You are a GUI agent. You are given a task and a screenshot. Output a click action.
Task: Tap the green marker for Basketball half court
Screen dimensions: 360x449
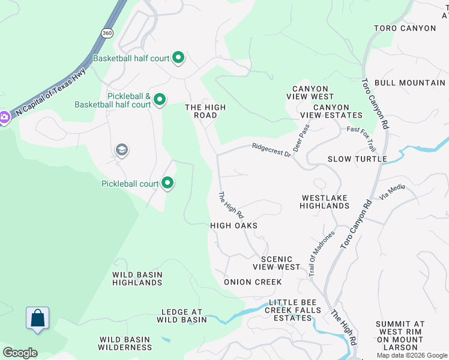178,58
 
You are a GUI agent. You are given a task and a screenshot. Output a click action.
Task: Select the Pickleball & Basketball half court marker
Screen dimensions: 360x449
160,99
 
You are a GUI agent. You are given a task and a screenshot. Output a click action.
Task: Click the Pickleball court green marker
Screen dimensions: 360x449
167,183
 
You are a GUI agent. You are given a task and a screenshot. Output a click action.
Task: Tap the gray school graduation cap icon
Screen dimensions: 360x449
121,149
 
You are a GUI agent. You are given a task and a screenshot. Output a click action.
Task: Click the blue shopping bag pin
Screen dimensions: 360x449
37,318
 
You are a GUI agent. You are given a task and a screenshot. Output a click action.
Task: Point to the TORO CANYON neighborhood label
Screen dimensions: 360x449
405,28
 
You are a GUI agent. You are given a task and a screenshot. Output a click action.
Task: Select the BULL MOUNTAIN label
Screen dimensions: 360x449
409,82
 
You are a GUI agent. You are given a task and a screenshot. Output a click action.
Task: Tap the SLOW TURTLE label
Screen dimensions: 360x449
357,159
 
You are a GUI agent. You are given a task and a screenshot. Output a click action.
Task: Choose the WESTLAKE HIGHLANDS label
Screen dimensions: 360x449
325,202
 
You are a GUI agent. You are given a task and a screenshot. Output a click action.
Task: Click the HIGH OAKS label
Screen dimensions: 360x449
234,226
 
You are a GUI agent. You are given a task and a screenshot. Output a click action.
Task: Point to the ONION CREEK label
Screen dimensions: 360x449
253,282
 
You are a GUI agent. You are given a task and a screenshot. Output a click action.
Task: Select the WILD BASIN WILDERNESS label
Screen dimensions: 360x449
125,343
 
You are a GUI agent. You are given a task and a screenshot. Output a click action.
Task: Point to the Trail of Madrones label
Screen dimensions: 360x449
316,254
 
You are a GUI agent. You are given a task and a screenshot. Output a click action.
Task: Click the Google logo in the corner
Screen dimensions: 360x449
20,353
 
